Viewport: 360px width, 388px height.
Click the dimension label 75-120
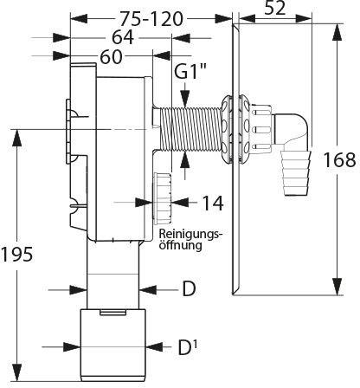pos(151,19)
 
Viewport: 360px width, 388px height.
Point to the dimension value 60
pos(111,57)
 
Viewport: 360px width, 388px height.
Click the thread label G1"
pos(187,73)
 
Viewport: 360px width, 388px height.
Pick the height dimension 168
pos(339,159)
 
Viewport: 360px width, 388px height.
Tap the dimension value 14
pos(213,203)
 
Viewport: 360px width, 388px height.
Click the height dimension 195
pos(16,255)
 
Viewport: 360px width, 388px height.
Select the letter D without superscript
pos(189,288)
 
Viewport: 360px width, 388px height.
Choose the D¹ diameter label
pos(188,347)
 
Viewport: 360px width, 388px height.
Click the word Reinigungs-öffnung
pos(191,239)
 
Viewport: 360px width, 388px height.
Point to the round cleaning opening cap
pos(163,198)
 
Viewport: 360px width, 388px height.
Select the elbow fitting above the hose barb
pos(292,129)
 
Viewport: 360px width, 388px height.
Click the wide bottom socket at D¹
pos(113,345)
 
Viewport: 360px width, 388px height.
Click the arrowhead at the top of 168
pos(337,32)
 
